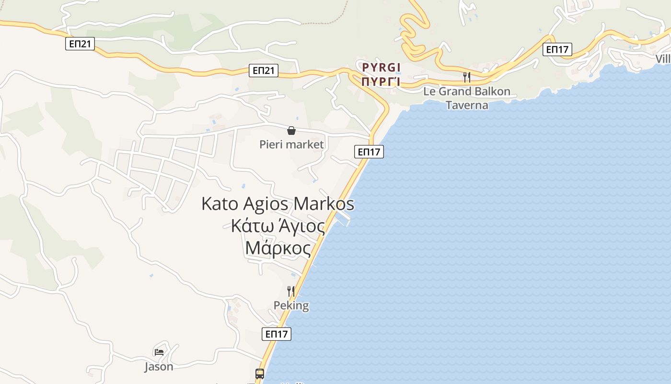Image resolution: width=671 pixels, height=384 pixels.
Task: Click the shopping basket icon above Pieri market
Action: [291, 131]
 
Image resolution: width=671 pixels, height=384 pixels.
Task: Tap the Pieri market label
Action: [291, 144]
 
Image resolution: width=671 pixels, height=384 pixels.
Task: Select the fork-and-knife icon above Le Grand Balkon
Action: [467, 77]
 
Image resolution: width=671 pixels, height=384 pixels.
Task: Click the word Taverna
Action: [467, 105]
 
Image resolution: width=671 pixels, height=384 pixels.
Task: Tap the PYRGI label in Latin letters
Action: [381, 67]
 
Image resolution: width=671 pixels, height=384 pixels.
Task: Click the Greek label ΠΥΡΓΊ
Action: [381, 81]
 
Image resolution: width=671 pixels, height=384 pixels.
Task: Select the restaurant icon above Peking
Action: [291, 291]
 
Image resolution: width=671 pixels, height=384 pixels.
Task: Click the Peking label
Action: [291, 305]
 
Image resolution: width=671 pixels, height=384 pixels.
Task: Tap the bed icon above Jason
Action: [159, 352]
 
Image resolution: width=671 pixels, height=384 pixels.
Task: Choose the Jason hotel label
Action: [159, 367]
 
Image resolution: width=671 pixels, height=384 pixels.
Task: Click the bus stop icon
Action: [259, 373]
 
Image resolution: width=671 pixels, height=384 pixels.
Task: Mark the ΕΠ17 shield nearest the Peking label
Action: [277, 334]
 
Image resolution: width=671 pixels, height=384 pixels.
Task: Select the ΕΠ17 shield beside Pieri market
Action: [369, 152]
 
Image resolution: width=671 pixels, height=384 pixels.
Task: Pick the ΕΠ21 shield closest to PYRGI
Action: [264, 71]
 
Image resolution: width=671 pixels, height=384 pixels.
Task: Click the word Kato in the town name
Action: [220, 204]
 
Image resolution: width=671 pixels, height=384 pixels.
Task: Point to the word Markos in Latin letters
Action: [324, 204]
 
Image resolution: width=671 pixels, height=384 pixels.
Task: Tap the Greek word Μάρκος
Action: [278, 248]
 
